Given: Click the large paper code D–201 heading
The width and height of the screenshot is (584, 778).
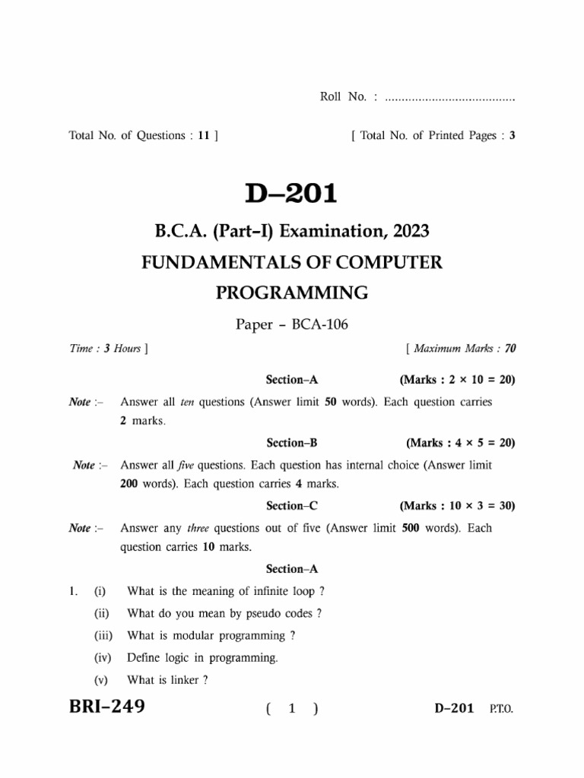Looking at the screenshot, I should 290,194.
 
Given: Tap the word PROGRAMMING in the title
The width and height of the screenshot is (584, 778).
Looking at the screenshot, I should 293,293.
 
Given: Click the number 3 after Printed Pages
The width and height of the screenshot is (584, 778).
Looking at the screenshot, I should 513,136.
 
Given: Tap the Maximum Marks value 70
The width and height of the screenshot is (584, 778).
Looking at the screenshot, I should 510,349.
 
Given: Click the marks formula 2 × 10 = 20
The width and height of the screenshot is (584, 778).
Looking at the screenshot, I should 471,379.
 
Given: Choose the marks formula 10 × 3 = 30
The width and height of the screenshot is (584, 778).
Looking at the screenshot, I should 471,505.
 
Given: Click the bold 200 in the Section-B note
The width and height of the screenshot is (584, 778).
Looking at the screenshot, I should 131,484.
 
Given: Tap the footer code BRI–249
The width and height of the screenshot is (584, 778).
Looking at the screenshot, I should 107,707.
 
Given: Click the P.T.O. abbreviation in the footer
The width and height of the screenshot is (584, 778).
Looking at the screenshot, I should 500,709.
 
